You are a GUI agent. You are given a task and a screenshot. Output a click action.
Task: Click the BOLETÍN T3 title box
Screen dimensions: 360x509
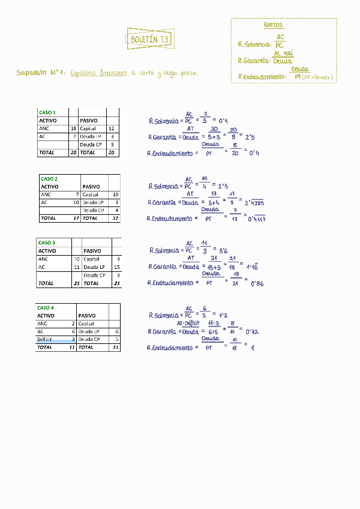coord(150,40)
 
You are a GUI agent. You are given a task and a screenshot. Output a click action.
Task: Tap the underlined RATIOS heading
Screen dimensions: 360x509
coord(273,25)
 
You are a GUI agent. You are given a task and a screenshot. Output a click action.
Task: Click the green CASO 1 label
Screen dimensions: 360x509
coord(47,112)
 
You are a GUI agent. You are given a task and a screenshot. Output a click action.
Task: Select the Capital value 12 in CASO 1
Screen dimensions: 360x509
coord(111,128)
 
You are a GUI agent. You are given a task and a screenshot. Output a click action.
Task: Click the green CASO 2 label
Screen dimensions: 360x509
coord(49,179)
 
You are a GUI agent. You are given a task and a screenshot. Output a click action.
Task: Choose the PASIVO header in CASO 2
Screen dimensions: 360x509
coord(91,187)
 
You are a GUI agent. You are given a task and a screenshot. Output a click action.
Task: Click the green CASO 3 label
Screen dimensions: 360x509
coord(47,242)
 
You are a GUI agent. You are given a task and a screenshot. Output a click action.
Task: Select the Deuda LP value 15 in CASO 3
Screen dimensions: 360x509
coord(116,267)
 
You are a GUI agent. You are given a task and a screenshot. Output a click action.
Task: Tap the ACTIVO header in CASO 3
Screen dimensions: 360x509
coord(47,251)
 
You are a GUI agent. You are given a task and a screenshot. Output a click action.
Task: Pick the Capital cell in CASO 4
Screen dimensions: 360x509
coord(86,323)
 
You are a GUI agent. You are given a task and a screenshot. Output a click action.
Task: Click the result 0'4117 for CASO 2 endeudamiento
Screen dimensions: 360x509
coord(257,219)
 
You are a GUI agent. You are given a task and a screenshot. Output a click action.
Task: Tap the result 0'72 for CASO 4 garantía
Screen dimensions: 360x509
coord(252,331)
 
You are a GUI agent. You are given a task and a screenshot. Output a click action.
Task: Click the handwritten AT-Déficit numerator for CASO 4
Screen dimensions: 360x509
coord(188,323)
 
